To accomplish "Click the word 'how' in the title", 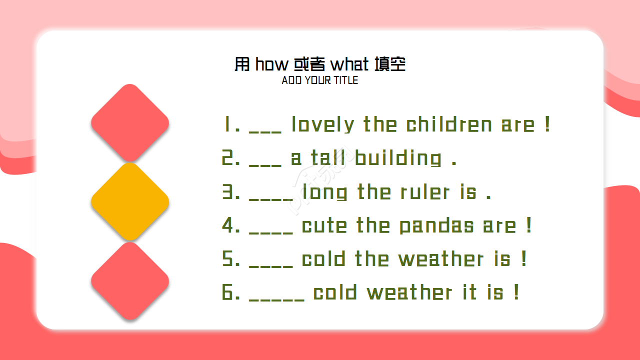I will pyautogui.click(x=272, y=64).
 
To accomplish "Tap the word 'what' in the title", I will pyautogui.click(x=349, y=64).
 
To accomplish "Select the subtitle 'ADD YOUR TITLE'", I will pyautogui.click(x=320, y=80).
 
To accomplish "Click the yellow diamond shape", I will pyautogui.click(x=130, y=202).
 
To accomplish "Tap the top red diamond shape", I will pyautogui.click(x=130, y=123).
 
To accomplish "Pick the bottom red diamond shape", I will pyautogui.click(x=130, y=281).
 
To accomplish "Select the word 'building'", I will pyautogui.click(x=398, y=158).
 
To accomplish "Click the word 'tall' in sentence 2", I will pyautogui.click(x=328, y=158).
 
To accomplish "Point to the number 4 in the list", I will pyautogui.click(x=230, y=226).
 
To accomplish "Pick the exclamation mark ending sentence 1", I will pyautogui.click(x=547, y=124).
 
